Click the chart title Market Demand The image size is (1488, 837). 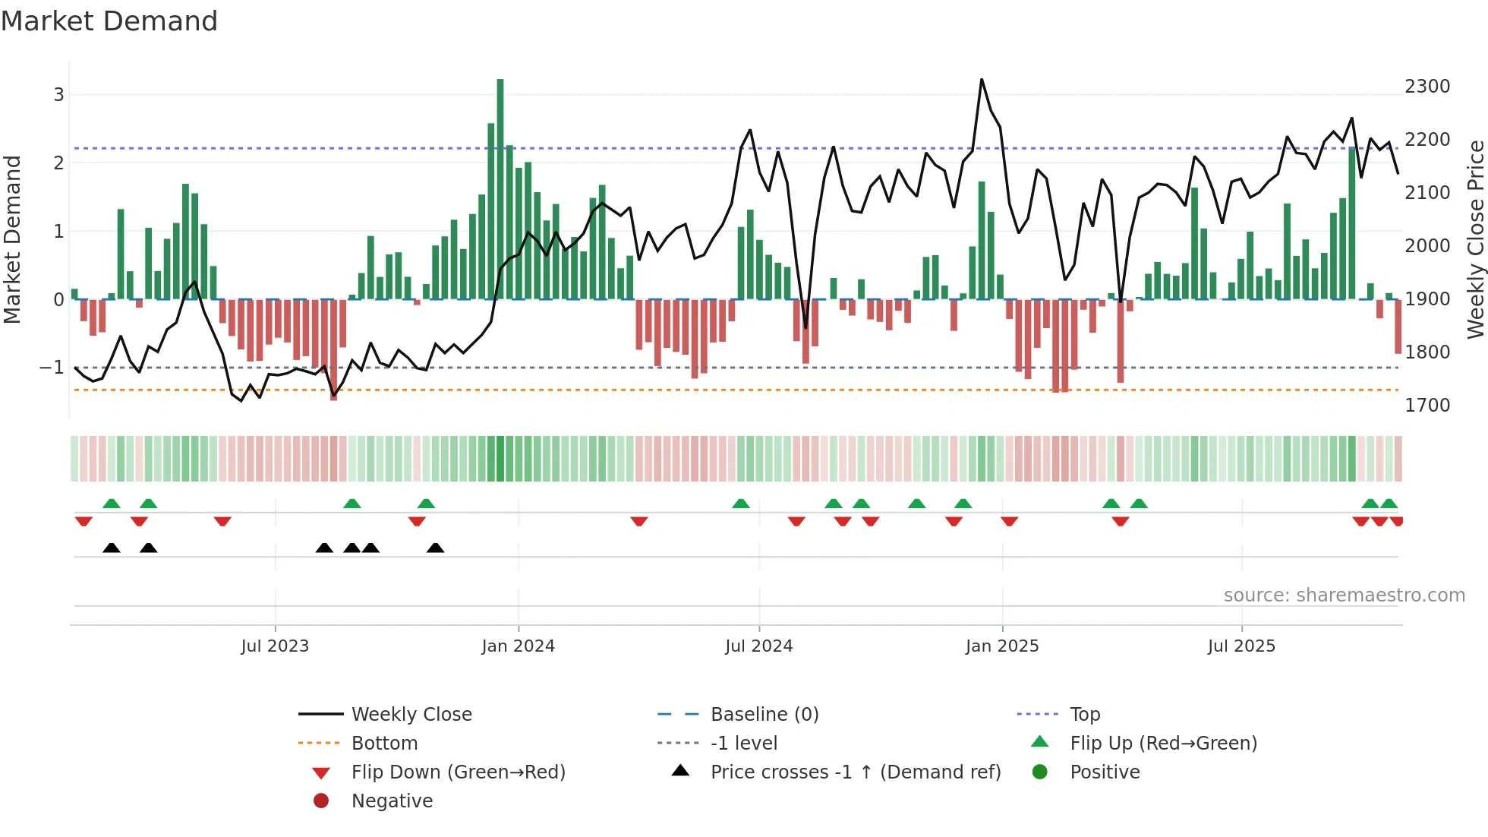point(109,21)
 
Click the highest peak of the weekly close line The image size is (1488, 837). point(982,80)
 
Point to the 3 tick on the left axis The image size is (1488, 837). point(58,95)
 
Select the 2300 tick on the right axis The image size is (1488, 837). point(1427,87)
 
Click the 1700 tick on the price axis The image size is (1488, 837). point(1427,406)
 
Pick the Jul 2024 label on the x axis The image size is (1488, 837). point(758,646)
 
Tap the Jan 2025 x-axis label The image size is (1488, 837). point(1001,646)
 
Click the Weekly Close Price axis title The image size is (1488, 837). point(1475,239)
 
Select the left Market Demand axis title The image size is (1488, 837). point(12,239)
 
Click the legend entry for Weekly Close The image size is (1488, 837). point(411,715)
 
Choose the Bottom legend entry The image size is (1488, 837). point(384,744)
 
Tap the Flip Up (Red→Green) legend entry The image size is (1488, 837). point(1163,744)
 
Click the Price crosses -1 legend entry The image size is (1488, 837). point(855,772)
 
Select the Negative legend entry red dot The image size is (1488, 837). point(321,801)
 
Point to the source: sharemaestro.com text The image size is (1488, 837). point(1344,595)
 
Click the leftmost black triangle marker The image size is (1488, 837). point(112,548)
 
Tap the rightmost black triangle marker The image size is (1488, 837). point(435,548)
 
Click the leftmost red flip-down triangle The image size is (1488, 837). point(84,521)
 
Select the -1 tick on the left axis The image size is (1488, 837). point(52,368)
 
